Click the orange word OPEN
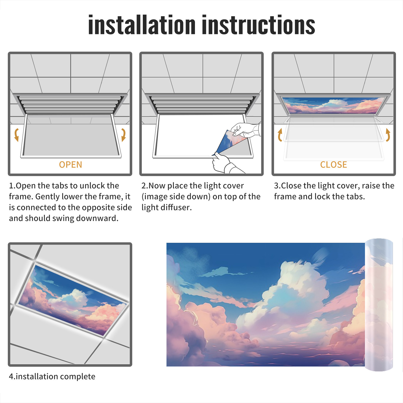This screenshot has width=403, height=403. [x=71, y=165]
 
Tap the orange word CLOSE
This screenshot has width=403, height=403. [x=333, y=165]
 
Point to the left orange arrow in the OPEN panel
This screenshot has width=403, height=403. [x=16, y=135]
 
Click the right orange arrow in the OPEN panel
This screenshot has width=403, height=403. [x=123, y=135]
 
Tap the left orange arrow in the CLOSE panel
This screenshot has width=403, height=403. [x=280, y=135]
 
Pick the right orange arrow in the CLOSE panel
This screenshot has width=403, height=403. [x=388, y=135]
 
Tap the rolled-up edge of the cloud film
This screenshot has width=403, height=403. [x=379, y=305]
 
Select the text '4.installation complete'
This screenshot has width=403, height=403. [x=52, y=377]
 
